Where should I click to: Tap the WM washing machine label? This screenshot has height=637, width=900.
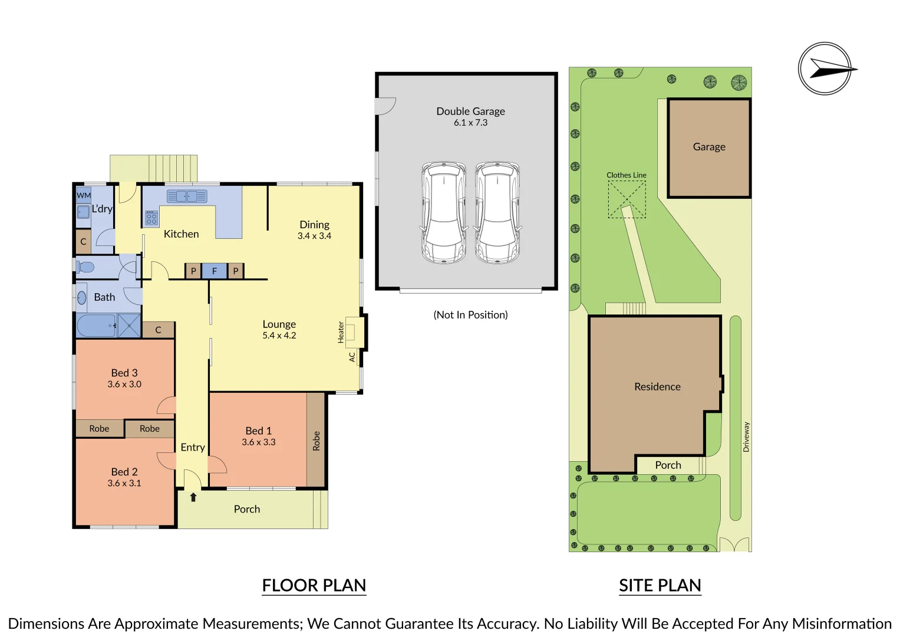click(x=84, y=195)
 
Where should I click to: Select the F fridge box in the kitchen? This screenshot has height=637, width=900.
click(x=214, y=271)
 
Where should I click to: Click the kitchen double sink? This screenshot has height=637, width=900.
click(x=187, y=196)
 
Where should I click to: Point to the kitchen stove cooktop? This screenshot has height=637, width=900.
click(x=151, y=218)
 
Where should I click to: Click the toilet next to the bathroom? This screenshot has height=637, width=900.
click(x=85, y=267)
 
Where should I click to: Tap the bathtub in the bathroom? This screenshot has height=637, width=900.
click(x=97, y=326)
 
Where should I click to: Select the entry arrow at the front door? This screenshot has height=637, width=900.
click(x=193, y=497)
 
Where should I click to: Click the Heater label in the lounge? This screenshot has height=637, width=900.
click(x=341, y=332)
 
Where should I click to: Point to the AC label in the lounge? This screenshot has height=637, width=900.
click(x=352, y=357)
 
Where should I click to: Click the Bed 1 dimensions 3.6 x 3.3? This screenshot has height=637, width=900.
click(x=259, y=442)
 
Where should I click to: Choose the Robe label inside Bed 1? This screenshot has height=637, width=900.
click(x=316, y=441)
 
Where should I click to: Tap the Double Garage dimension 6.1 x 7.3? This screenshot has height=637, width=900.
click(x=470, y=122)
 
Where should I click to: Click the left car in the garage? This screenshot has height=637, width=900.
click(x=444, y=213)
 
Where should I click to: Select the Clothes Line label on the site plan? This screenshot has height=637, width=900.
click(x=627, y=175)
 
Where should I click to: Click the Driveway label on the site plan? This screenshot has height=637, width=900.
click(x=746, y=436)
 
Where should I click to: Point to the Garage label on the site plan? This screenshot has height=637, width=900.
click(x=709, y=147)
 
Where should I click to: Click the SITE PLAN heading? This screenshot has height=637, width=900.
click(x=660, y=585)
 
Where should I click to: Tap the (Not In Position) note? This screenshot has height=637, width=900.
click(x=470, y=314)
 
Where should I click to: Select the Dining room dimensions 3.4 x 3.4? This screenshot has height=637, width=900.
click(x=314, y=236)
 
